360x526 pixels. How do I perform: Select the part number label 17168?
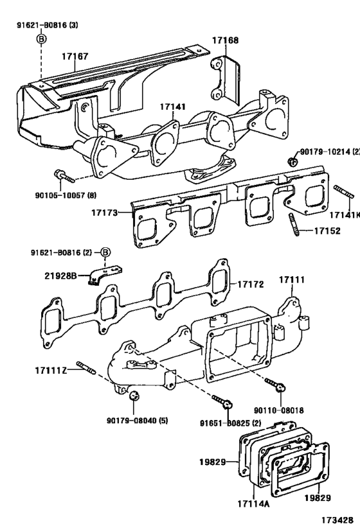point(225,40)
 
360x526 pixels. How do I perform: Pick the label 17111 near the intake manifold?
point(291,281)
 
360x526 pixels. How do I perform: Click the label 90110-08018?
point(278,408)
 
